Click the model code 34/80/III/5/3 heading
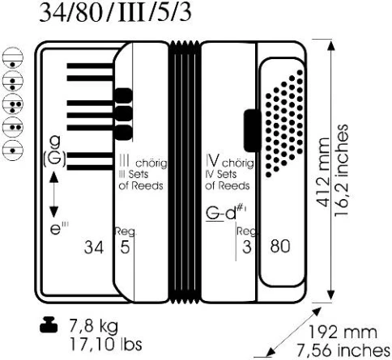(x=116, y=13)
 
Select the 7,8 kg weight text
(x=94, y=326)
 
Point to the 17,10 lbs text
(x=106, y=344)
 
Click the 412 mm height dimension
(x=323, y=172)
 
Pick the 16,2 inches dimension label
(x=342, y=171)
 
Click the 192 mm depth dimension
(x=343, y=332)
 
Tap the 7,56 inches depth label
(x=343, y=350)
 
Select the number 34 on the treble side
(x=94, y=247)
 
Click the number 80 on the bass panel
(x=280, y=246)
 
